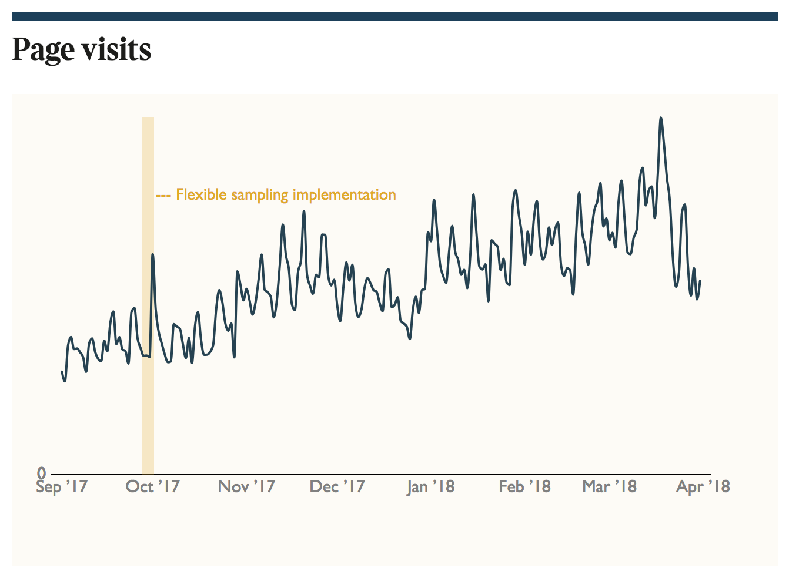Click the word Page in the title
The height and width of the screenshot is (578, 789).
pyautogui.click(x=44, y=50)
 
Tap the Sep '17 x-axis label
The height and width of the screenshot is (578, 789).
pyautogui.click(x=62, y=486)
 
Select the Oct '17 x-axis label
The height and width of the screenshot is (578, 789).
pyautogui.click(x=152, y=486)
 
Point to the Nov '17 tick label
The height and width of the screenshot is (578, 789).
pyautogui.click(x=246, y=486)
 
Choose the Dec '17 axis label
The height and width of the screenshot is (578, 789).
pyautogui.click(x=337, y=486)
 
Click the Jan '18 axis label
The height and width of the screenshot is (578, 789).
pyautogui.click(x=430, y=486)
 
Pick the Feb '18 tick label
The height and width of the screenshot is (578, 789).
pyautogui.click(x=524, y=486)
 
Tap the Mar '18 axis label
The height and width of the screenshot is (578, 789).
pyautogui.click(x=609, y=486)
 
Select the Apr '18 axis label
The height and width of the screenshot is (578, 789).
pyautogui.click(x=703, y=486)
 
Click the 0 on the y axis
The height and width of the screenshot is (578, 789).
pyautogui.click(x=41, y=473)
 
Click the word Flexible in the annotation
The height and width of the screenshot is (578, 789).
pyautogui.click(x=201, y=194)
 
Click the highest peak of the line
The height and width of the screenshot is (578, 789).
pyautogui.click(x=661, y=118)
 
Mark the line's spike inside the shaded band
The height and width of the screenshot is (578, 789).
pyautogui.click(x=152, y=254)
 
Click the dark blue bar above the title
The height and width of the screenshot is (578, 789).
pyautogui.click(x=394, y=16)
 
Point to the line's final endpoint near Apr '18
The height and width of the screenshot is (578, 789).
pyautogui.click(x=700, y=281)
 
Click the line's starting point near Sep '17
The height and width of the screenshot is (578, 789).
pyautogui.click(x=62, y=371)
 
